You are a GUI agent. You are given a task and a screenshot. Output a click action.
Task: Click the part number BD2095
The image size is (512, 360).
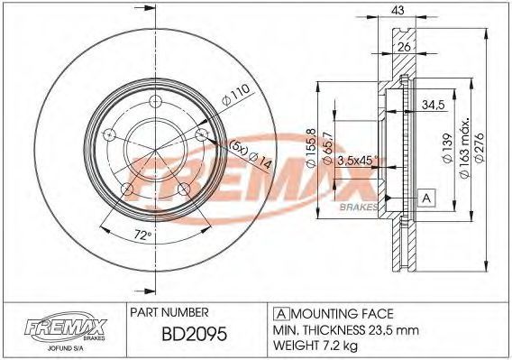click(x=195, y=334)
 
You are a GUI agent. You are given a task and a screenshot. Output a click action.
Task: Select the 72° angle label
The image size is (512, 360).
click(x=143, y=235)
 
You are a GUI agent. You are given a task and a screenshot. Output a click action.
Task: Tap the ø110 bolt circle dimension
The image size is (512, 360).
click(x=236, y=95)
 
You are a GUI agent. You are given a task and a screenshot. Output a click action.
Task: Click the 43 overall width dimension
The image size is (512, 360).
click(x=398, y=11)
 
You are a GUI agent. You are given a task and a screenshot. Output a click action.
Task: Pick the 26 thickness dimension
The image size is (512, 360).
click(x=404, y=47)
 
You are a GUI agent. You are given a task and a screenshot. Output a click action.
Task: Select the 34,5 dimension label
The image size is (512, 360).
click(x=434, y=105)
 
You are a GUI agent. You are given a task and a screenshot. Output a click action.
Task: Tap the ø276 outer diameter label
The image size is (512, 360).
click(x=480, y=147)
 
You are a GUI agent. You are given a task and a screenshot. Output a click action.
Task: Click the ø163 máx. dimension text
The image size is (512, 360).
click(x=464, y=148)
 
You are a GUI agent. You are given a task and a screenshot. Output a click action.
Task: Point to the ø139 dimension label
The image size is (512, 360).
click(x=447, y=148)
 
